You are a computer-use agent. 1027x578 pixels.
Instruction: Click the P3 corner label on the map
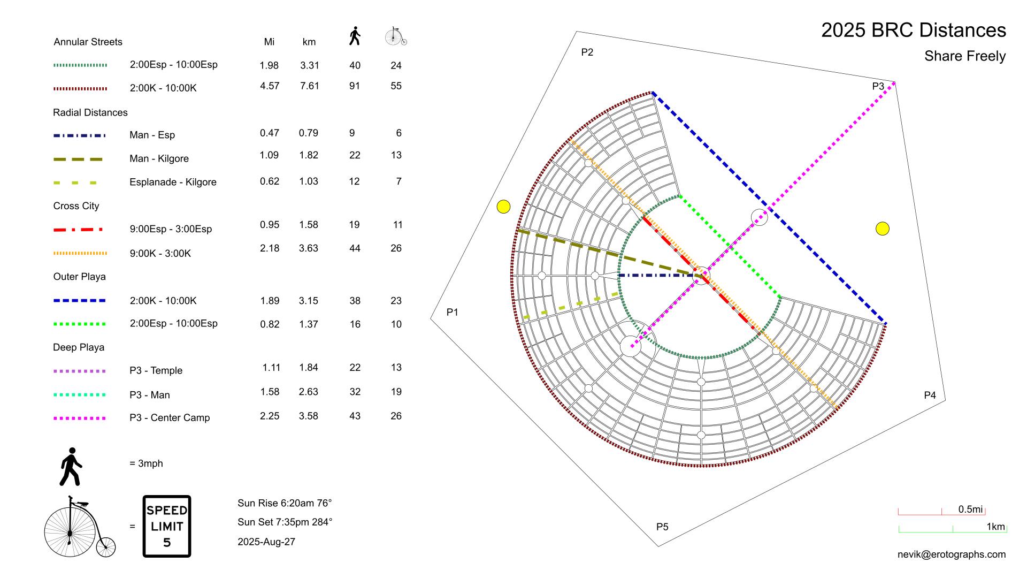(878, 86)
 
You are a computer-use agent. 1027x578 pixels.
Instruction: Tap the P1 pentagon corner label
(453, 312)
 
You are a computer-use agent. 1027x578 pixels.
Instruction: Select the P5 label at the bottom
(662, 527)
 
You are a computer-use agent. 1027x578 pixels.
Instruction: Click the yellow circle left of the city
(503, 207)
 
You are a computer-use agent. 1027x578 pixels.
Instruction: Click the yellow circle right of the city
(882, 229)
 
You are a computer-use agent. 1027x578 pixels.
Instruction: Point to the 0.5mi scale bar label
(970, 509)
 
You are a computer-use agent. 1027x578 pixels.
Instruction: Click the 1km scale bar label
(995, 527)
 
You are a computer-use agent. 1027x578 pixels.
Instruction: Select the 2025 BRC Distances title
(913, 31)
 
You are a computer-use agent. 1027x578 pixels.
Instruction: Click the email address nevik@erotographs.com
(951, 554)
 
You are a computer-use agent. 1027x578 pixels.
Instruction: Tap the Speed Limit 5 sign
(167, 526)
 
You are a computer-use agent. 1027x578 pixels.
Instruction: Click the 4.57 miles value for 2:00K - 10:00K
(270, 86)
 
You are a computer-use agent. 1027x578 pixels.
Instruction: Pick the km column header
(309, 42)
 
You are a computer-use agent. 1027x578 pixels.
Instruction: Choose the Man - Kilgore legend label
(159, 158)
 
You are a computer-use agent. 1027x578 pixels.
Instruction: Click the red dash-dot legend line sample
(78, 230)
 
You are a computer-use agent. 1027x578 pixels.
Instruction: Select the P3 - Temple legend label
(156, 370)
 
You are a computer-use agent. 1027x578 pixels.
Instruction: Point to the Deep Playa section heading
(79, 347)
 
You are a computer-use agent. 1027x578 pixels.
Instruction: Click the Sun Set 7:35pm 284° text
(285, 522)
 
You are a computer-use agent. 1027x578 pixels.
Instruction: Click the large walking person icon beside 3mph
(71, 467)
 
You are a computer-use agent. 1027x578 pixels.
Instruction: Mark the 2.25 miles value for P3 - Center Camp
(270, 416)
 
